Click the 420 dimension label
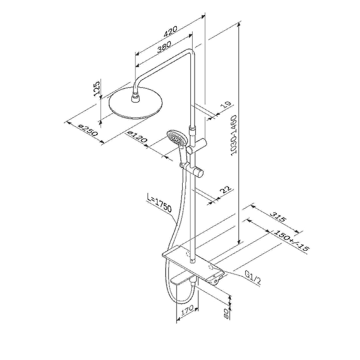pos(171,31)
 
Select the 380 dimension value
pos(164,47)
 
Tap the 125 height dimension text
pos(97,87)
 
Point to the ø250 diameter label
pos(88,130)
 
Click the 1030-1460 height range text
pos(234,135)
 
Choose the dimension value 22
pos(225,190)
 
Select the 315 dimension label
pos(278,217)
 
